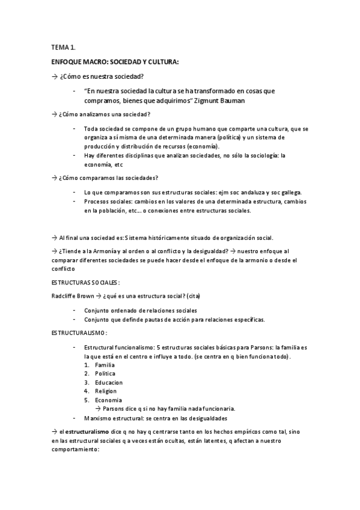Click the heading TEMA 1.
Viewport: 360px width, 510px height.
[x=63, y=47]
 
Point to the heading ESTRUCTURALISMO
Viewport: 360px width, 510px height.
[x=79, y=333]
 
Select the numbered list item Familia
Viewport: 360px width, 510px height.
[x=105, y=365]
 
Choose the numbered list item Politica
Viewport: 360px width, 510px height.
[x=105, y=373]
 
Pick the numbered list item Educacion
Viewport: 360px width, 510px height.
[x=109, y=382]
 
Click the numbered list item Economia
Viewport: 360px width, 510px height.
[x=108, y=400]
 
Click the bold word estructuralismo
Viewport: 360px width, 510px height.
[x=88, y=432]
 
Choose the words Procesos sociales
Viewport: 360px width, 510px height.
[x=107, y=201]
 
